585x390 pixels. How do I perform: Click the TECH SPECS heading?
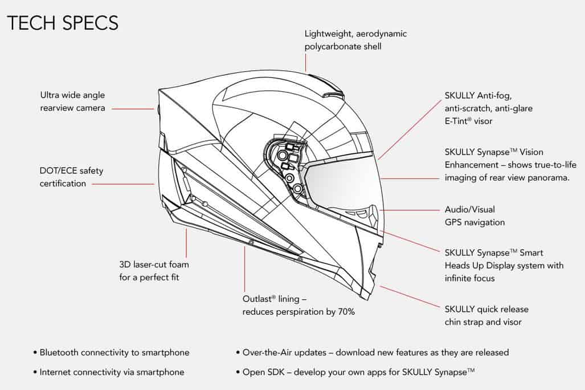[63, 22]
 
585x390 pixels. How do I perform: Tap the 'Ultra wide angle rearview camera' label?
[72, 101]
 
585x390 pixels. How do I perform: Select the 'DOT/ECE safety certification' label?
[71, 177]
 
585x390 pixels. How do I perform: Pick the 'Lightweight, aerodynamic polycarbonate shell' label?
[355, 40]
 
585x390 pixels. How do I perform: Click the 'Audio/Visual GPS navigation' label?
[474, 216]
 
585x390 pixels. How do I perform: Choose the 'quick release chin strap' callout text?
[486, 315]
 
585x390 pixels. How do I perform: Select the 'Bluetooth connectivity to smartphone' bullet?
[114, 352]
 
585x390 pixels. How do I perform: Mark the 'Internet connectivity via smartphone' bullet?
[112, 372]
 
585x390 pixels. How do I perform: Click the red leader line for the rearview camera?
[132, 108]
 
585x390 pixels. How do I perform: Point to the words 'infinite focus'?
[470, 278]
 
